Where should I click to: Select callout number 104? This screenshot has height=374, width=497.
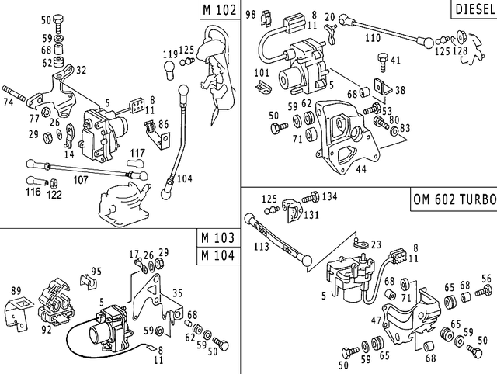[183, 178]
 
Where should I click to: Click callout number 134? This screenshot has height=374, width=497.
[330, 196]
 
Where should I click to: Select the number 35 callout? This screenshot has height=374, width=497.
[177, 294]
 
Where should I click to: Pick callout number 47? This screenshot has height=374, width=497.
[375, 320]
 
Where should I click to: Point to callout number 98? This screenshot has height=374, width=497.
[250, 15]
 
